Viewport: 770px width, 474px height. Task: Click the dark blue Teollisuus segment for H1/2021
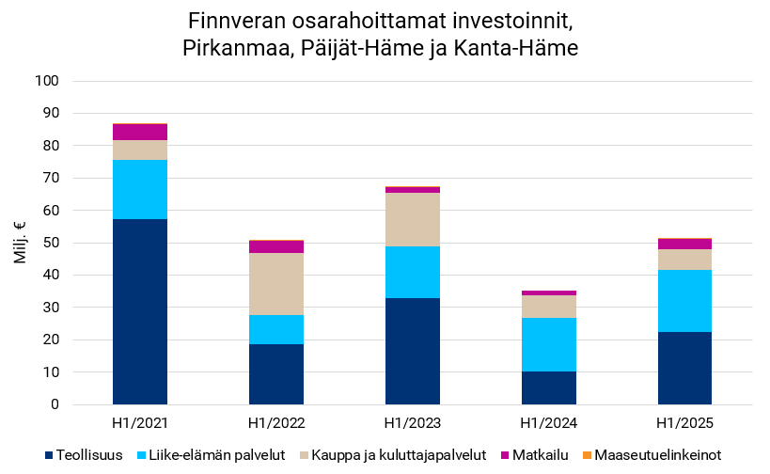(x=139, y=311)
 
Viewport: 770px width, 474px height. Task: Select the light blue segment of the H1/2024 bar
(x=548, y=344)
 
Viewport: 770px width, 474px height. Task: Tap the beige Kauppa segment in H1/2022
(x=275, y=284)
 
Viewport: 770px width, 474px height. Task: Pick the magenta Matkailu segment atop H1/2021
(x=139, y=132)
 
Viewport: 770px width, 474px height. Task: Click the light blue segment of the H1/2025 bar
(x=684, y=301)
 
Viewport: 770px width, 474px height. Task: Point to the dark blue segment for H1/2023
(x=412, y=351)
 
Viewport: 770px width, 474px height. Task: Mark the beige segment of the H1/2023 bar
(x=412, y=219)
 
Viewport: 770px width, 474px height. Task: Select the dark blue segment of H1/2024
(x=548, y=387)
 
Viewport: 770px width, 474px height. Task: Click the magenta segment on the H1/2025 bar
(x=684, y=244)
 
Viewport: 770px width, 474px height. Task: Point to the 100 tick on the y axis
(x=47, y=81)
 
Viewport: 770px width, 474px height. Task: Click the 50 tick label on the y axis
(x=51, y=243)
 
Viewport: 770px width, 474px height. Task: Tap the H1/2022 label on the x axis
(x=275, y=420)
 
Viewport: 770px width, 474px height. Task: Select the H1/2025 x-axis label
(x=684, y=420)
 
